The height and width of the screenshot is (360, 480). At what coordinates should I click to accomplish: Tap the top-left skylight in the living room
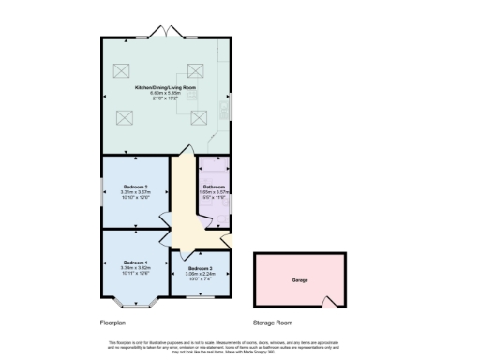(122, 68)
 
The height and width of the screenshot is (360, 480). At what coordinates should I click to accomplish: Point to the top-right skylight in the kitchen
(196, 68)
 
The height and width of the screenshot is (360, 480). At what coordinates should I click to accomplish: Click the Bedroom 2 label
(137, 187)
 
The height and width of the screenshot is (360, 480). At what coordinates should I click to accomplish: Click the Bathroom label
(214, 187)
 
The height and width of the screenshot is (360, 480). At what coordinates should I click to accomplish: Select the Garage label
(300, 280)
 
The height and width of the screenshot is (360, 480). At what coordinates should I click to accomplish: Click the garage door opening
(328, 302)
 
